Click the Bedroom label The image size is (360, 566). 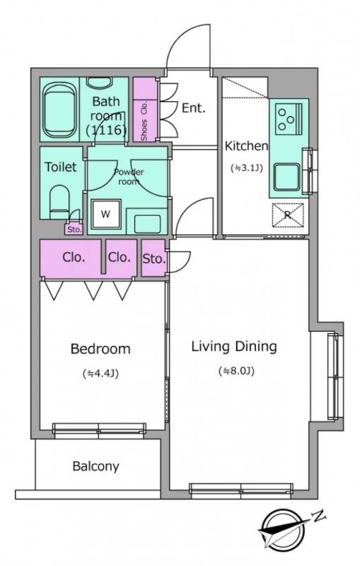(x=100, y=349)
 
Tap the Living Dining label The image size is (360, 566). (x=234, y=346)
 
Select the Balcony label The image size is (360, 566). (x=95, y=466)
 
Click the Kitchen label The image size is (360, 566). (x=246, y=146)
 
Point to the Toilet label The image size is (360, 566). (x=61, y=167)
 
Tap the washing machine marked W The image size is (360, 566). (x=105, y=214)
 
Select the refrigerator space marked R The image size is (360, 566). (x=287, y=215)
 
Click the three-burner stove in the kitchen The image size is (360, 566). (x=289, y=117)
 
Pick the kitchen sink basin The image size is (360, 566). (x=286, y=177)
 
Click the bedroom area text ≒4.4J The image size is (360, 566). (x=100, y=374)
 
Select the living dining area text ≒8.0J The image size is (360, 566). (x=236, y=371)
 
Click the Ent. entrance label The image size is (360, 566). (x=193, y=108)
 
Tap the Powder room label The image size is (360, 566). (x=129, y=176)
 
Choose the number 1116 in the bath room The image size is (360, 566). (x=106, y=129)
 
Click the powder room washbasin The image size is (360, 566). (x=148, y=224)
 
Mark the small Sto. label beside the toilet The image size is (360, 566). (x=74, y=229)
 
